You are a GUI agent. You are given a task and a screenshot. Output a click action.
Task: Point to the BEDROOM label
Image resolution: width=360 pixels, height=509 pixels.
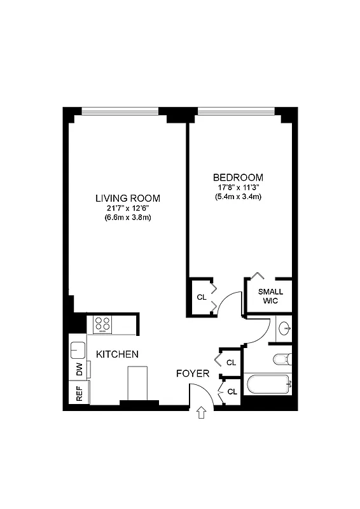[238, 177]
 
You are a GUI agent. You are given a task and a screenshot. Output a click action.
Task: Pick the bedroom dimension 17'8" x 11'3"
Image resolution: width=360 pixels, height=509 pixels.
[238, 187]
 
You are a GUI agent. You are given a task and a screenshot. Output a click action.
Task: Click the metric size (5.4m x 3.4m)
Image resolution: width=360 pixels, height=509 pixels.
[238, 197]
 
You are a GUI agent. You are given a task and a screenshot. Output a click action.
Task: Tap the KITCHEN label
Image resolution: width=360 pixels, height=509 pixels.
[118, 354]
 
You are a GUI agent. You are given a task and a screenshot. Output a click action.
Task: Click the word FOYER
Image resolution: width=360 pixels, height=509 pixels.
[192, 373]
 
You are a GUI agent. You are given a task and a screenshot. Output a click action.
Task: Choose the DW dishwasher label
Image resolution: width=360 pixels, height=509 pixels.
[80, 370]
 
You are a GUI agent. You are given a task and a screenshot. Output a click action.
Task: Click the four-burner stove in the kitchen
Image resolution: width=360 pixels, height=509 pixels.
[102, 324]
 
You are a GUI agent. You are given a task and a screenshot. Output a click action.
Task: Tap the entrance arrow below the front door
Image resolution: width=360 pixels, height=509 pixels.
[202, 414]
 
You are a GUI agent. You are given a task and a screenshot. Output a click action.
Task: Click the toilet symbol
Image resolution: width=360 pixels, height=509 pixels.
[282, 359]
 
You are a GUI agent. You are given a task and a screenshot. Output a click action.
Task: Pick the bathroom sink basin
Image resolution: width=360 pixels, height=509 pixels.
[285, 329]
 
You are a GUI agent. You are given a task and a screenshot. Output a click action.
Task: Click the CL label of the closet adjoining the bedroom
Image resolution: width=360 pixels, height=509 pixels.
[201, 297]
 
